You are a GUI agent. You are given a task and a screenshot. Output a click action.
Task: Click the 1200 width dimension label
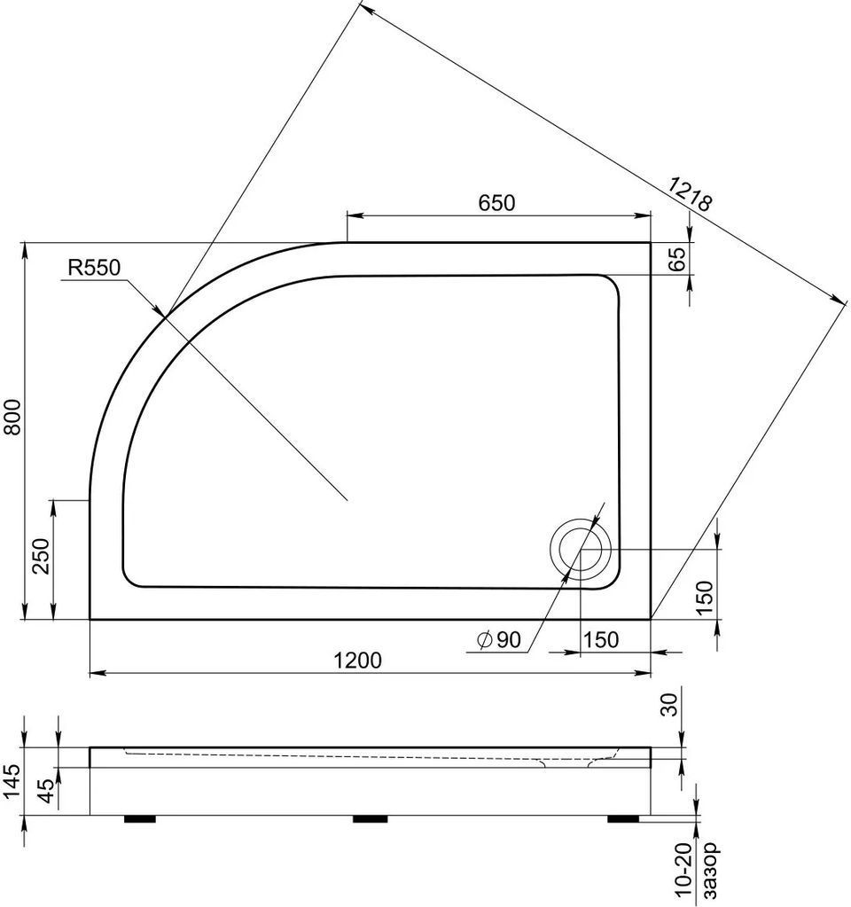(358, 660)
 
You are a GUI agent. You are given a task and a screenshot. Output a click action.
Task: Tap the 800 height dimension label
(12, 417)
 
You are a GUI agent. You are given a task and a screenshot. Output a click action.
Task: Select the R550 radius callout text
(94, 267)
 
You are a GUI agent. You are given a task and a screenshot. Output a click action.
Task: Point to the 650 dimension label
(496, 202)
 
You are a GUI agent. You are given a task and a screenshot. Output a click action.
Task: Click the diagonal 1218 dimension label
(689, 194)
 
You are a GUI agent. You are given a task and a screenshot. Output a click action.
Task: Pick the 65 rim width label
(677, 258)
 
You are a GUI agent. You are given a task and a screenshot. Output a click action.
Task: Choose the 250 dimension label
(42, 556)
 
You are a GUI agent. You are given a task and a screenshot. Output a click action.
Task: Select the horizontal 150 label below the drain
(600, 640)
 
